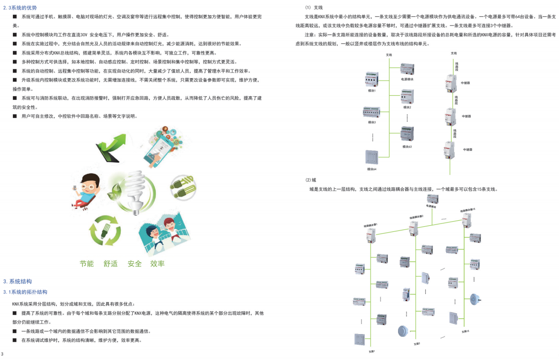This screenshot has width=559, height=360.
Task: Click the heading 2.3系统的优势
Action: click(20, 8)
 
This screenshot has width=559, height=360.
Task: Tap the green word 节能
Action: click(86, 264)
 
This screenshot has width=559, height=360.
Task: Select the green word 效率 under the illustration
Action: click(157, 264)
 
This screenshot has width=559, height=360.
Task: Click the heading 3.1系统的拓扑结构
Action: click(25, 292)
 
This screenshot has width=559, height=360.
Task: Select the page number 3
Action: click(2, 354)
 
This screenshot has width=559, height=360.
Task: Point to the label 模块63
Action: click(407, 147)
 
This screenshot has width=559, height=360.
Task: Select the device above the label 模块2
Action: click(407, 96)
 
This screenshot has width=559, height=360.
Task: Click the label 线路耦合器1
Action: click(370, 224)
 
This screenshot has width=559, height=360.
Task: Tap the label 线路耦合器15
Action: click(467, 210)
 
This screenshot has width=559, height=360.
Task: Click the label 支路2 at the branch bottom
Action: click(417, 344)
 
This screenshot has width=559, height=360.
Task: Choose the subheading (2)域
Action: click(311, 180)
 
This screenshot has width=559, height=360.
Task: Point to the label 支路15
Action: click(465, 332)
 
